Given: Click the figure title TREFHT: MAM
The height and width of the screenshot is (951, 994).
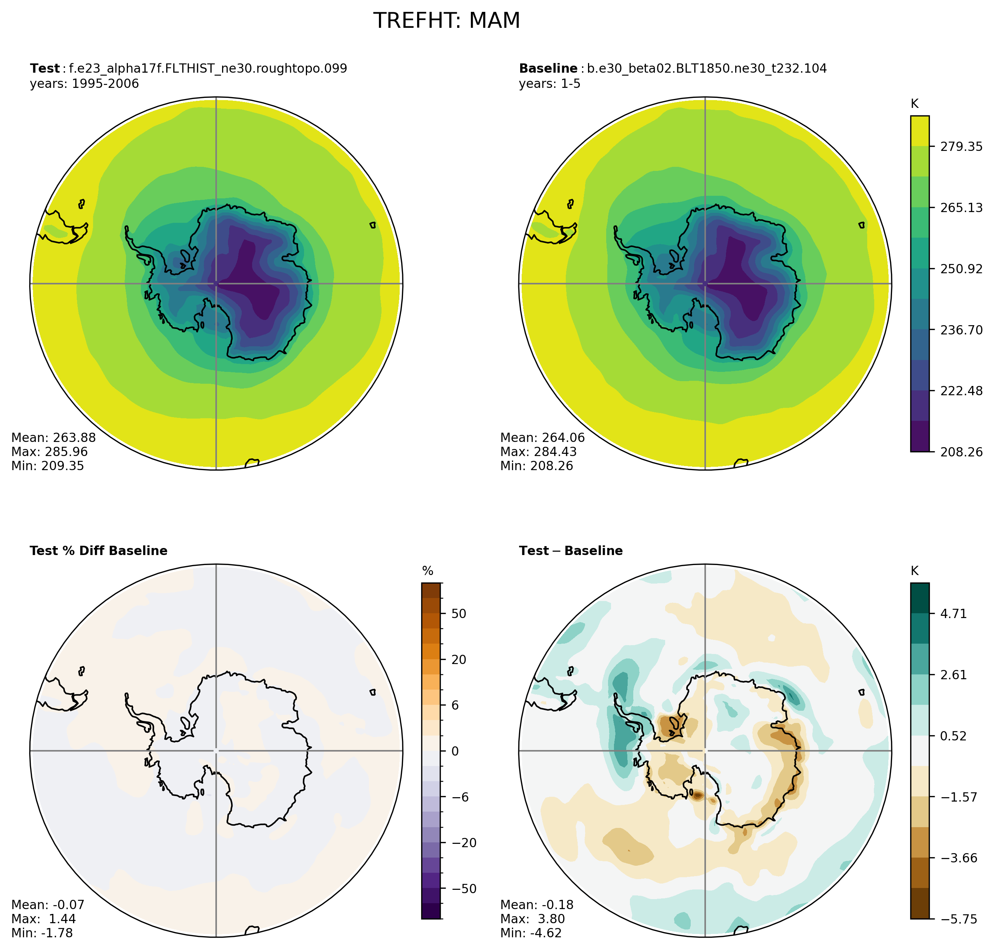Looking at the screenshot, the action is [x=446, y=21].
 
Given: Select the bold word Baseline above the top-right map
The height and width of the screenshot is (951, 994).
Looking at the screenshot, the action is [x=548, y=69].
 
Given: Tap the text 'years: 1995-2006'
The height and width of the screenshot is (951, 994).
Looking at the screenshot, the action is [x=84, y=84].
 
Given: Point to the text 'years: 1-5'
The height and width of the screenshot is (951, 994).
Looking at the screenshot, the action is [x=549, y=84].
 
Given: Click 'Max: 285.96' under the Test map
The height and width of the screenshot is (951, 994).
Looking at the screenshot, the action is [x=49, y=452].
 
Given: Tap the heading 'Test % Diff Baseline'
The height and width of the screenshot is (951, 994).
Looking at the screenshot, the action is [x=98, y=551].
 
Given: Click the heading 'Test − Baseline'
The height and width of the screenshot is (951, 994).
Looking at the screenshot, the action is [x=571, y=551].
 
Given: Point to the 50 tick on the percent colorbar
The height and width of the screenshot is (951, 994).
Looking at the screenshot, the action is [x=459, y=613].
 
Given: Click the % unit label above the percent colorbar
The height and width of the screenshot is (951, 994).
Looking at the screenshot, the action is [x=428, y=571].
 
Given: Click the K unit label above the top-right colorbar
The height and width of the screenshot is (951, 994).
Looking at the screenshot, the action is [x=914, y=104].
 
